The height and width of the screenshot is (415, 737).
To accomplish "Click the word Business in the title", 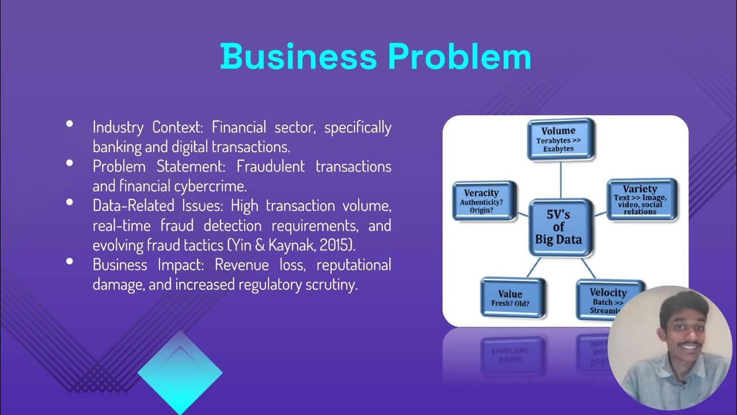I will coord(298,56).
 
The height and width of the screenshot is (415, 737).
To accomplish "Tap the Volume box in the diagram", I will coord(560,139).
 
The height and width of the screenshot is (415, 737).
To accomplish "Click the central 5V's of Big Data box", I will coord(559,227).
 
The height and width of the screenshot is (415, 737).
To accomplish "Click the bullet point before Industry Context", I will coord(70,123).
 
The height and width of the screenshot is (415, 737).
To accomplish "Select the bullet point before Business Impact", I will coord(70,261).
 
